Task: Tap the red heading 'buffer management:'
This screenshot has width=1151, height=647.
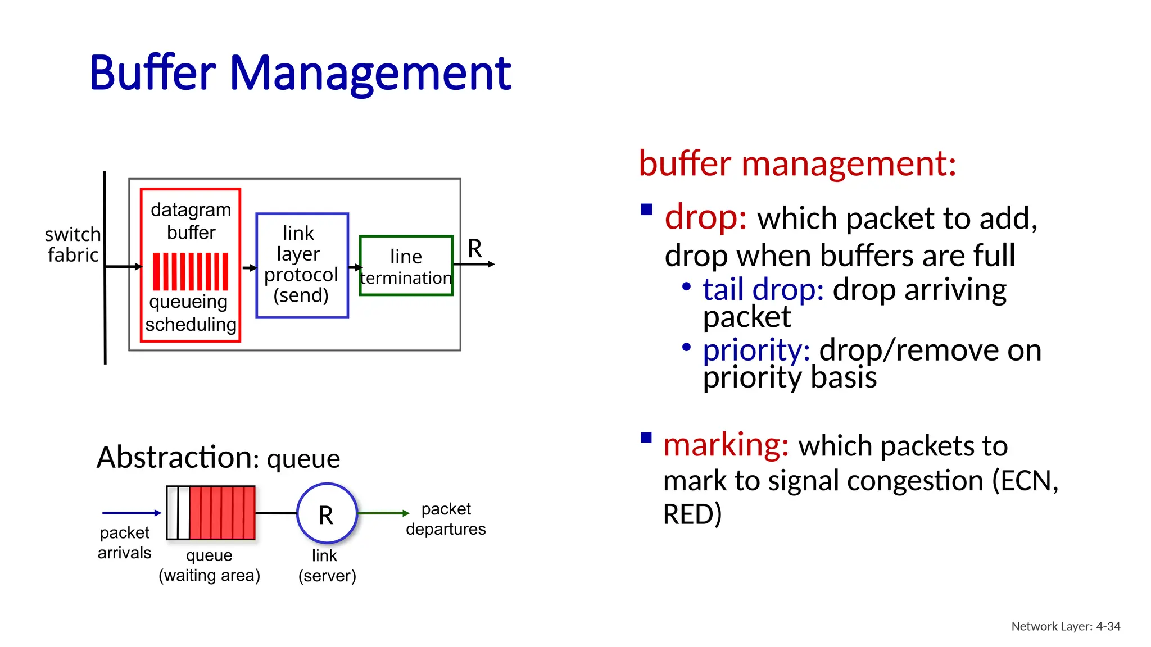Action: [x=797, y=164]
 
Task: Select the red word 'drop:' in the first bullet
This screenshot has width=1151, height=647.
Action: [x=705, y=217]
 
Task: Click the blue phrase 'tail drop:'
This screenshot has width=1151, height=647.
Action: [x=763, y=290]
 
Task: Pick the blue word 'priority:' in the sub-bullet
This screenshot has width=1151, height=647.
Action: [x=756, y=350]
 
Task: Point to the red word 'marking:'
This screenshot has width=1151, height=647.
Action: [x=726, y=445]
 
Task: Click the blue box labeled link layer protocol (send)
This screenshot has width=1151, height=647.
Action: [x=302, y=265]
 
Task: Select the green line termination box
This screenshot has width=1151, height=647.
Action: [x=406, y=266]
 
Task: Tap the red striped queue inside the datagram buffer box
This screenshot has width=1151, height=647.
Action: [x=191, y=271]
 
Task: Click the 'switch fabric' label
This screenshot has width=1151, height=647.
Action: [x=73, y=244]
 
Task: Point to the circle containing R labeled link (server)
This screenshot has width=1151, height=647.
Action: [x=327, y=513]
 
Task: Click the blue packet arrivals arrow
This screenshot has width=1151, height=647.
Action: [x=131, y=513]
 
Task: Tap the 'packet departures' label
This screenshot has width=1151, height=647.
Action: [x=446, y=519]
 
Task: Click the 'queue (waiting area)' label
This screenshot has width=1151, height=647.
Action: [x=209, y=565]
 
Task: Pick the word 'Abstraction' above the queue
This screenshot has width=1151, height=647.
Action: [x=174, y=457]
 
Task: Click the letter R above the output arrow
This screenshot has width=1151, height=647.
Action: [x=475, y=248]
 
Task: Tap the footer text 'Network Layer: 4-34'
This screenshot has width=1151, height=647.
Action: [x=1066, y=626]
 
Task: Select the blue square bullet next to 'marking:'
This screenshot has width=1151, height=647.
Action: [x=646, y=438]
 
